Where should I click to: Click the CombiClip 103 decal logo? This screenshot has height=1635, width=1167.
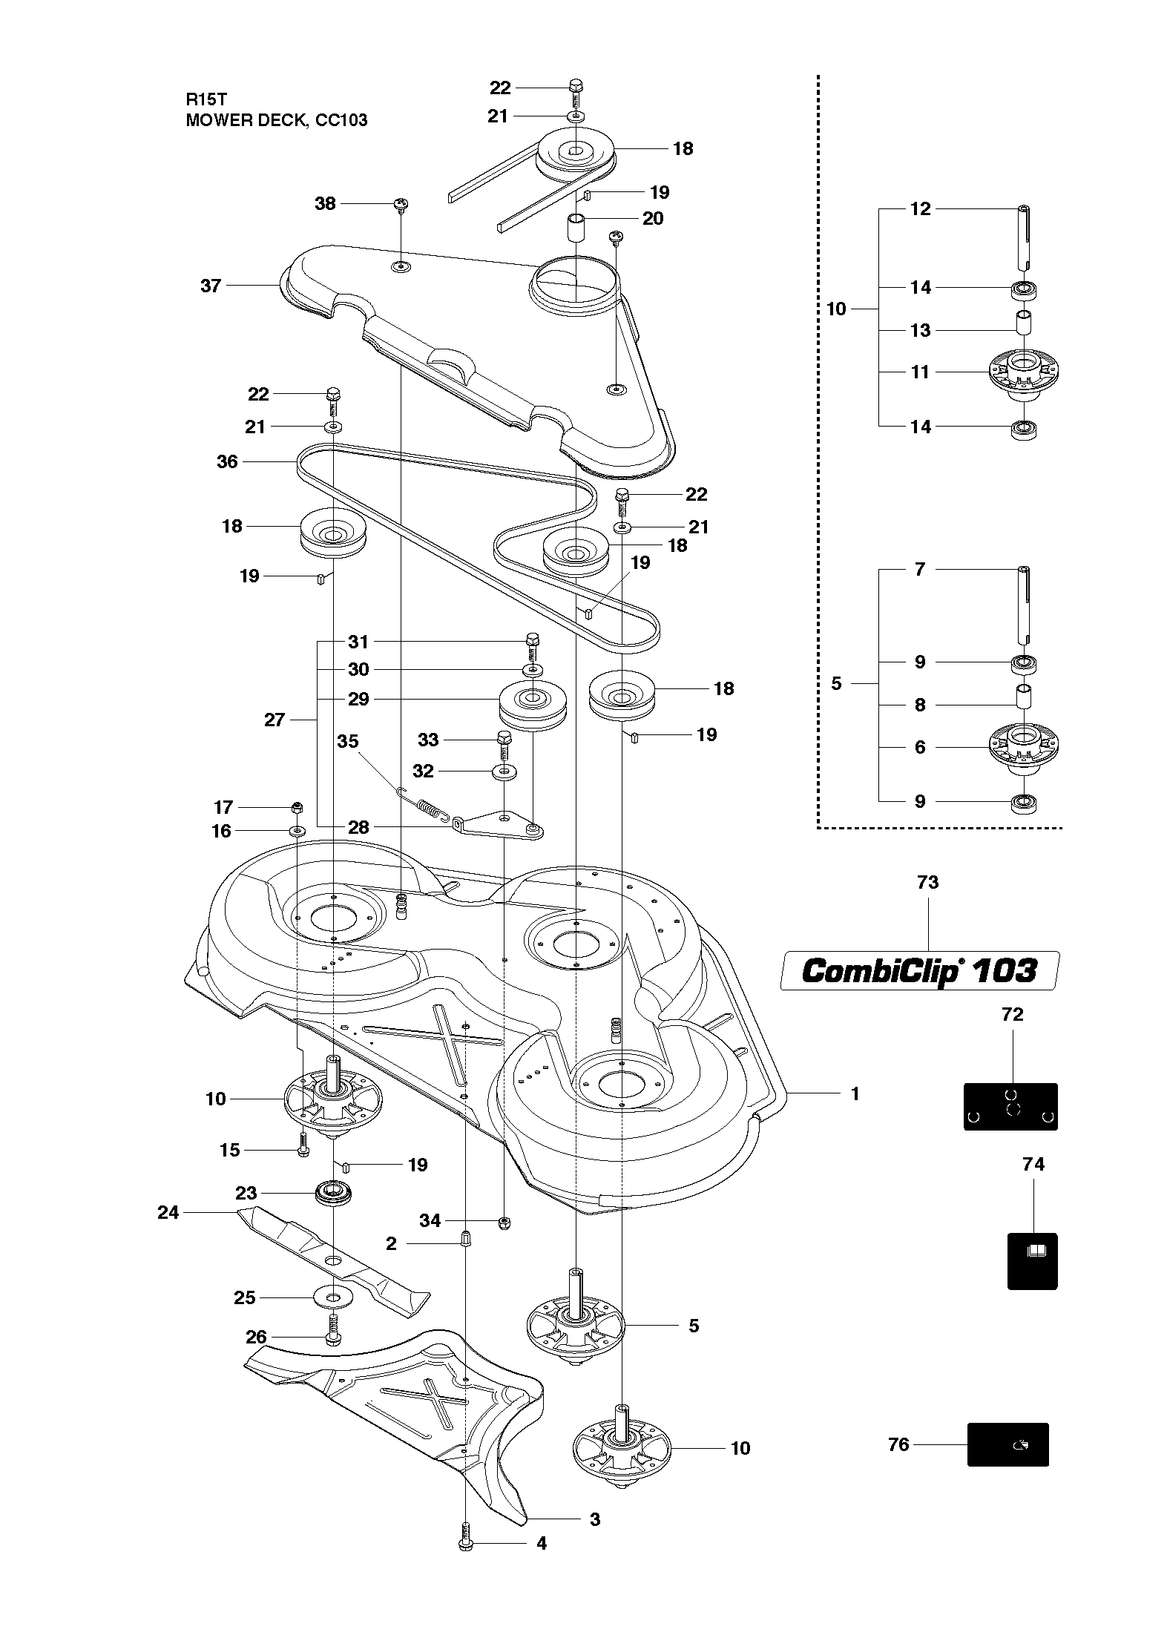pyautogui.click(x=919, y=970)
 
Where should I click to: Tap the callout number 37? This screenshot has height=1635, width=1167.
pyautogui.click(x=211, y=286)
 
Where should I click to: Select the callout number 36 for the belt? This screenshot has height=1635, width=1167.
pyautogui.click(x=227, y=461)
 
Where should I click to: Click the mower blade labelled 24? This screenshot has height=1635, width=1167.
pyautogui.click(x=333, y=1260)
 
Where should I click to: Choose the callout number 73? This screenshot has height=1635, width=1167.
pyautogui.click(x=927, y=882)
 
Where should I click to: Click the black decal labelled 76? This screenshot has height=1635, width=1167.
pyautogui.click(x=1007, y=1444)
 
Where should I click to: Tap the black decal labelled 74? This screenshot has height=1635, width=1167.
pyautogui.click(x=1032, y=1260)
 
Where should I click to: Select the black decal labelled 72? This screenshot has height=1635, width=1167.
pyautogui.click(x=1010, y=1106)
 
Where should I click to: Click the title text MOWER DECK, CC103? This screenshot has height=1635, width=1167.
pyautogui.click(x=276, y=120)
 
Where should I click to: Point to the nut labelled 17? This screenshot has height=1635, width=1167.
pyautogui.click(x=297, y=807)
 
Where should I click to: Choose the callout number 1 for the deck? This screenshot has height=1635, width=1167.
pyautogui.click(x=855, y=1094)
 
